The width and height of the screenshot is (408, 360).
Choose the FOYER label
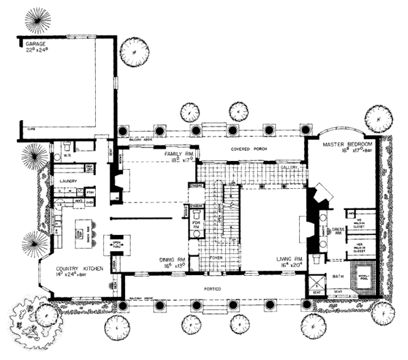[216, 258]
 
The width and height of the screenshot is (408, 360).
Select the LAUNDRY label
[67, 181]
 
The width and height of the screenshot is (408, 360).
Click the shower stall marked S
[316, 281]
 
